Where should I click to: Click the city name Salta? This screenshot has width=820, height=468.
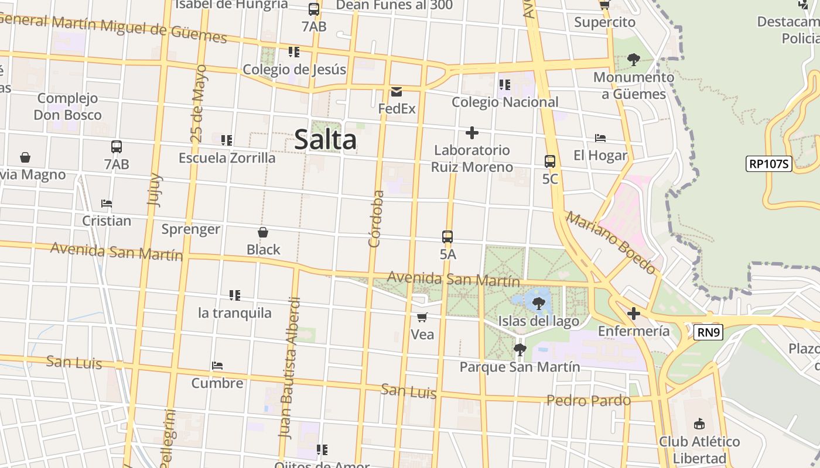(x=325, y=140)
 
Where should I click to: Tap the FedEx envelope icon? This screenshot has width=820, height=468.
(x=397, y=92)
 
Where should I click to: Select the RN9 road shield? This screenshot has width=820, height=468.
(x=709, y=333)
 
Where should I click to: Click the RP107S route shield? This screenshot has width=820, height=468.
(x=769, y=164)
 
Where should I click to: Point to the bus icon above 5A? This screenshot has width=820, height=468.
(x=447, y=237)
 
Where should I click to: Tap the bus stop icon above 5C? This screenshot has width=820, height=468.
(x=549, y=161)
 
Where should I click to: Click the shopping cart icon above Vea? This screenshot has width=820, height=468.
(x=422, y=318)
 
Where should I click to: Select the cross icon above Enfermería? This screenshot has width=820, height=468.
(x=633, y=314)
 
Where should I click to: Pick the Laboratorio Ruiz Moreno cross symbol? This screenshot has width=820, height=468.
(x=471, y=133)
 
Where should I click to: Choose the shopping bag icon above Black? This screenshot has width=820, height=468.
(x=263, y=233)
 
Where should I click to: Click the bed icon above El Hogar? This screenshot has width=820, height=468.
(x=600, y=139)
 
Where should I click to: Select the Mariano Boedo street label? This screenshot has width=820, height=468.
(x=610, y=243)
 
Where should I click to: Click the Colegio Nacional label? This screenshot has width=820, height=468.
(x=505, y=102)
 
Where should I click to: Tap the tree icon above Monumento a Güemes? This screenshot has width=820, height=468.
(x=633, y=60)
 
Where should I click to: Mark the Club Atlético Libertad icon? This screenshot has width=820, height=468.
(x=699, y=424)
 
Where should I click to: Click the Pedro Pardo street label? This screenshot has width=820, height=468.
(x=588, y=401)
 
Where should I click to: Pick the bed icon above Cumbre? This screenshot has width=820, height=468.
(x=217, y=366)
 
